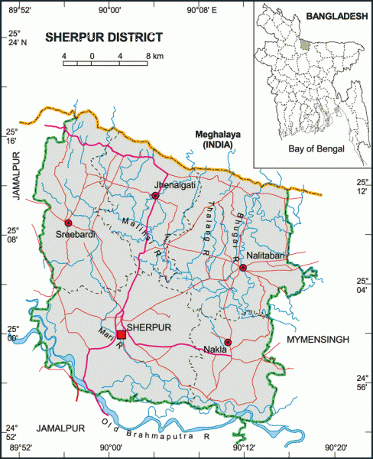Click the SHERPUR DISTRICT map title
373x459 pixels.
tap(104, 37)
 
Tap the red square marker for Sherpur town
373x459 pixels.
tap(121, 334)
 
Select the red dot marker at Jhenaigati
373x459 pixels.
tap(155, 196)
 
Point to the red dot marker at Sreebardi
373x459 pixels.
tap(67, 221)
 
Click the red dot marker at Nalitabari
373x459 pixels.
tap(242, 268)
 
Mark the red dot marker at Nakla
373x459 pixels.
tap(228, 342)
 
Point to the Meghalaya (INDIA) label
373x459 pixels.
tap(218, 139)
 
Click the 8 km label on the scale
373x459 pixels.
tap(154, 57)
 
